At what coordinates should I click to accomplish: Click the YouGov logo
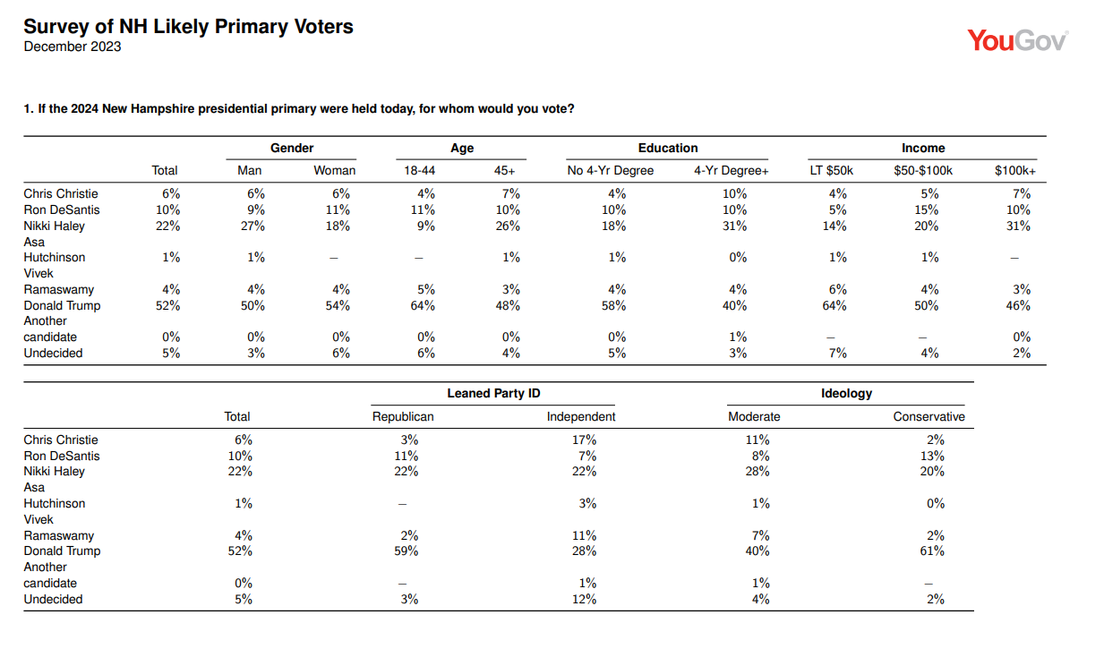point(1017,40)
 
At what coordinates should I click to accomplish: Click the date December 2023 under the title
point(73,47)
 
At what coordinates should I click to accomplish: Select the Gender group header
point(292,149)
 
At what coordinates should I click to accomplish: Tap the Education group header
point(668,149)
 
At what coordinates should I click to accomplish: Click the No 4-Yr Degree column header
point(610,170)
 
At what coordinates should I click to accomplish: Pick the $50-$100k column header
point(923,170)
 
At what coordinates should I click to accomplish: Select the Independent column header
point(581,417)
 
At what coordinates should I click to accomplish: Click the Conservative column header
point(929,417)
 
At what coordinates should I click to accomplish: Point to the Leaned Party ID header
point(493,394)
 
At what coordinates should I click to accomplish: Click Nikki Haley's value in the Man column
point(252,226)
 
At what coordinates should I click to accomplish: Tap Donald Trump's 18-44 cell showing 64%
point(423,306)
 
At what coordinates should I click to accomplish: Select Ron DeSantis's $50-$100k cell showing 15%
point(926,210)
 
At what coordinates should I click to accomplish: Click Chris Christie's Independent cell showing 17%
point(584,440)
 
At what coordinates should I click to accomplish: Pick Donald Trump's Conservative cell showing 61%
point(932,551)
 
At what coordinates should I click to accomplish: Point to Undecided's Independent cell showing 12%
point(584,600)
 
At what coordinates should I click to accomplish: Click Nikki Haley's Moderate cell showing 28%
point(757,472)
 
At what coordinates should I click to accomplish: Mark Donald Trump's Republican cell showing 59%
point(407,551)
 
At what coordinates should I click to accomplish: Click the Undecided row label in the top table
point(53,354)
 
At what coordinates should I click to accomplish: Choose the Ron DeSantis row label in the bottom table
point(62,457)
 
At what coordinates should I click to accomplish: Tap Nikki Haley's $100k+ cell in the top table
point(1018,226)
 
